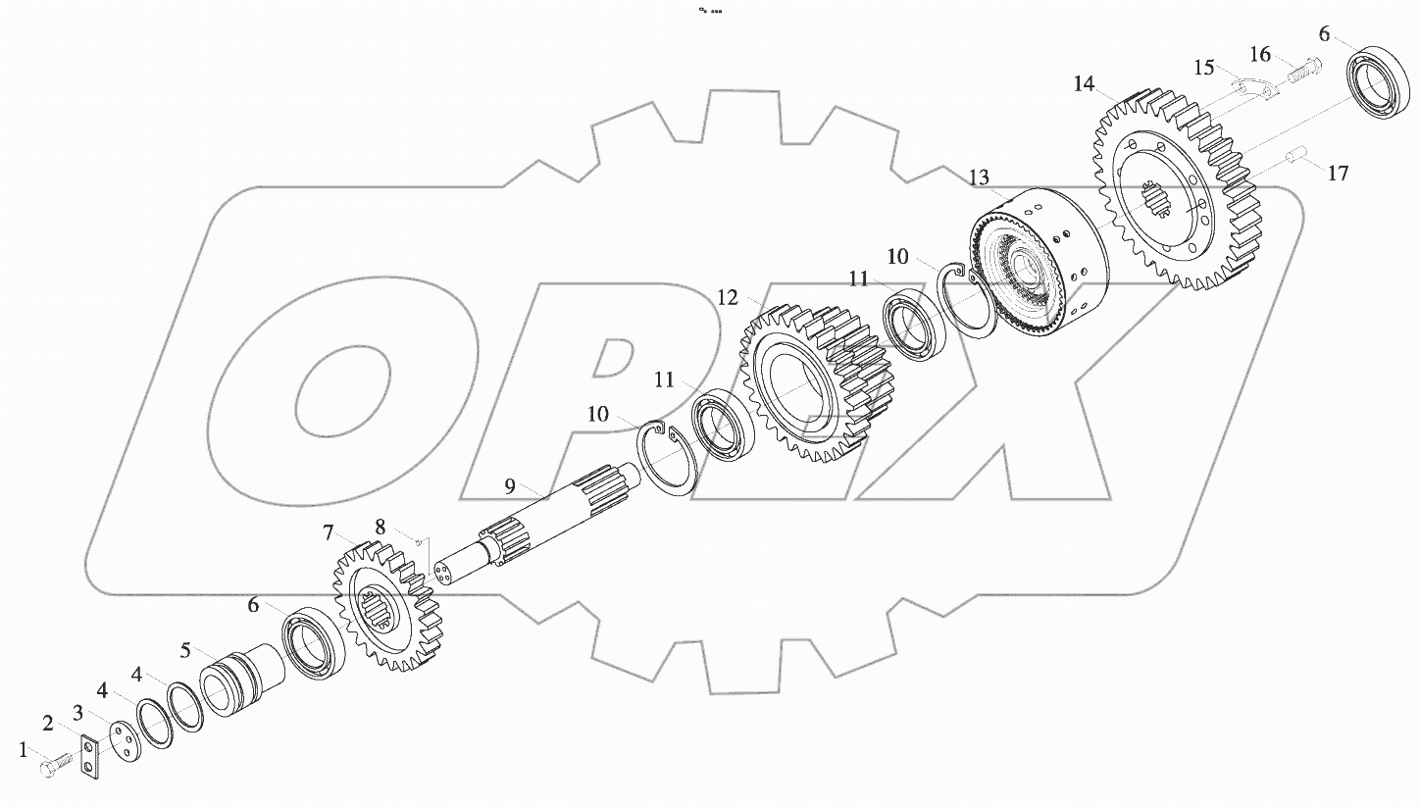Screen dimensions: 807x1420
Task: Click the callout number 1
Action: tap(24, 751)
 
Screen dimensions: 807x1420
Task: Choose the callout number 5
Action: tap(184, 650)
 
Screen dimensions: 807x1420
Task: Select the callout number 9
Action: tap(509, 485)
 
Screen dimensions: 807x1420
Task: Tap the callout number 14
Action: tap(1084, 85)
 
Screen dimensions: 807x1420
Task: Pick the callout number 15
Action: tap(1204, 68)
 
